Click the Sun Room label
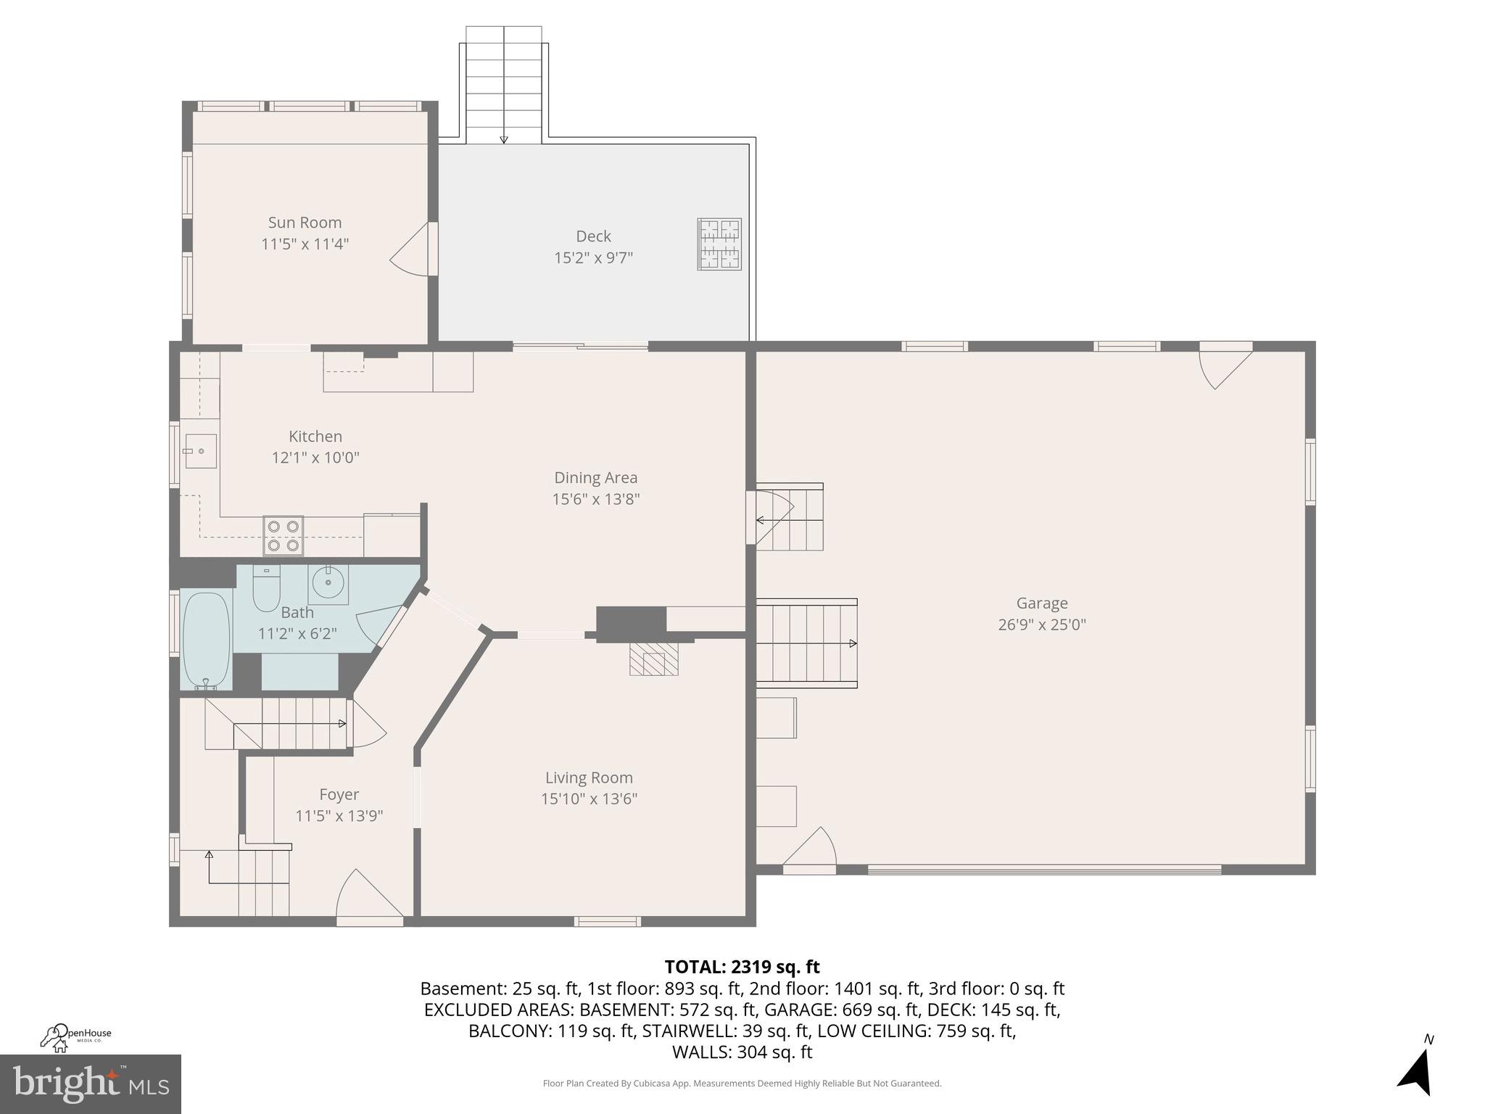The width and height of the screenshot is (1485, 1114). (305, 223)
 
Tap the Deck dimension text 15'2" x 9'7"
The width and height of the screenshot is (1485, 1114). (593, 257)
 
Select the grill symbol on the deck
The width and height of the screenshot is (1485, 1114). (719, 244)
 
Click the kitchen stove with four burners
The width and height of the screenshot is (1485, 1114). (283, 536)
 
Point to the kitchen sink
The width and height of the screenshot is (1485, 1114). (199, 451)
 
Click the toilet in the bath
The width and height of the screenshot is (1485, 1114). (266, 589)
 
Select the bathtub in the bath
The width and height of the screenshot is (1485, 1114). (206, 640)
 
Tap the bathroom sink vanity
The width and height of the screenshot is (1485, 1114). (328, 584)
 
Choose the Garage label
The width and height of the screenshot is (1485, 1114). (1041, 603)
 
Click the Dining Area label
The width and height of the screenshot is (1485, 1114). (595, 477)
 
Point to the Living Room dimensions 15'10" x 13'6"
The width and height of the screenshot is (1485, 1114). (589, 799)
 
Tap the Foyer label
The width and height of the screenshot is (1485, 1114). (339, 794)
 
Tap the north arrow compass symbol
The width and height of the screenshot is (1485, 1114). (1415, 1070)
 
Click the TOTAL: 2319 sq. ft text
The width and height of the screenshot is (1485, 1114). (742, 967)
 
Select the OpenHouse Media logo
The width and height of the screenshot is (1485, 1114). (75, 1037)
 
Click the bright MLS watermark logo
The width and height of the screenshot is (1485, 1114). (91, 1084)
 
